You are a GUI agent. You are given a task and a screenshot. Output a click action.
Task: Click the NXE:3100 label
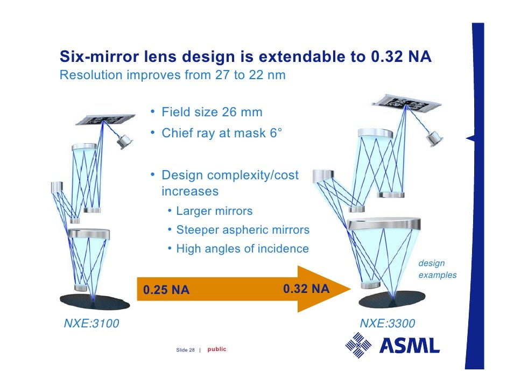point(91,324)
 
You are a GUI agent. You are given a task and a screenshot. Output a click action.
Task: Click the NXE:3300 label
point(388,324)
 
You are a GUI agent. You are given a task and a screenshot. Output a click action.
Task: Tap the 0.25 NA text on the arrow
point(166,291)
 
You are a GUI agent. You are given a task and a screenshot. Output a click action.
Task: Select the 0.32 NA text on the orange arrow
point(306,289)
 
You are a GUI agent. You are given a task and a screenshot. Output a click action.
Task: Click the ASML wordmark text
point(410,345)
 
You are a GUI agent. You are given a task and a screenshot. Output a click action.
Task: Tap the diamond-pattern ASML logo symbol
point(358,345)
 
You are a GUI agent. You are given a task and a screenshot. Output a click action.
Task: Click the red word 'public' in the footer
point(217,349)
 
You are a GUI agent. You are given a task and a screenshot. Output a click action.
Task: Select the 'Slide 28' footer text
point(185,350)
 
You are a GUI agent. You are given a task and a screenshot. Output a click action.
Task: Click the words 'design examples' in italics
point(437,269)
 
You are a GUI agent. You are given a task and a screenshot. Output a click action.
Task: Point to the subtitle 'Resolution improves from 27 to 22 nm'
point(172,75)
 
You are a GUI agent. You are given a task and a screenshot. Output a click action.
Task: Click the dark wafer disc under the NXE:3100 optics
point(95,301)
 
